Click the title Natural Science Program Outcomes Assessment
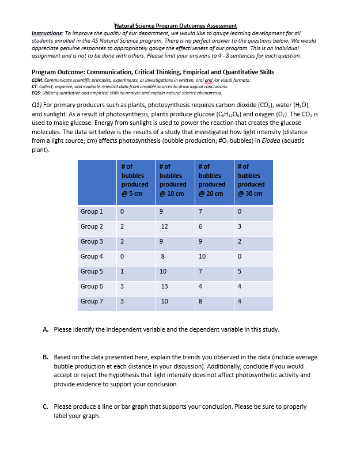176,25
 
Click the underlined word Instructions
47,33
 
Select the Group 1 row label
92,211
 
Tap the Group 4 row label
92,256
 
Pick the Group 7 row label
92,301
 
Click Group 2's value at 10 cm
165,226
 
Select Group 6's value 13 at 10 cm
165,286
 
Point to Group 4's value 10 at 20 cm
202,256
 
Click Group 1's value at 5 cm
123,211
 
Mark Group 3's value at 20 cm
200,241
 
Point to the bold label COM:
37,81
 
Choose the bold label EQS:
37,93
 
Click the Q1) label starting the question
37,106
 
